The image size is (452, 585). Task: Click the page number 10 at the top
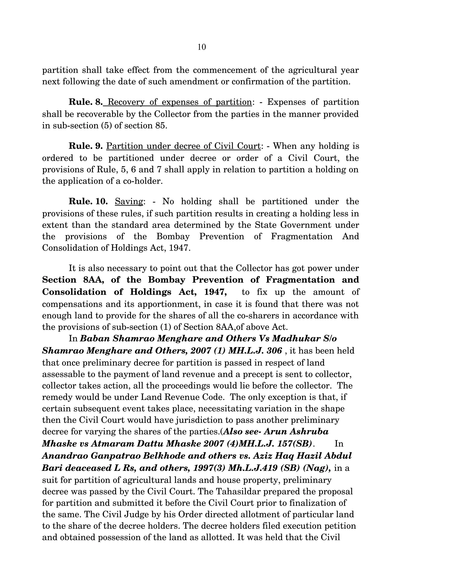[202, 47]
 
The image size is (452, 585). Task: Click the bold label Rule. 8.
[85, 102]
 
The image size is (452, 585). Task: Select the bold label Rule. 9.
[85, 146]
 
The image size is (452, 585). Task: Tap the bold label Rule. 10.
[88, 201]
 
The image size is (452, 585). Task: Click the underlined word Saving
[129, 201]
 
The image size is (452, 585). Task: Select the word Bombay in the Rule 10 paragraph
[173, 236]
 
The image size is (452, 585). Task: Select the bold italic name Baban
[95, 339]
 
